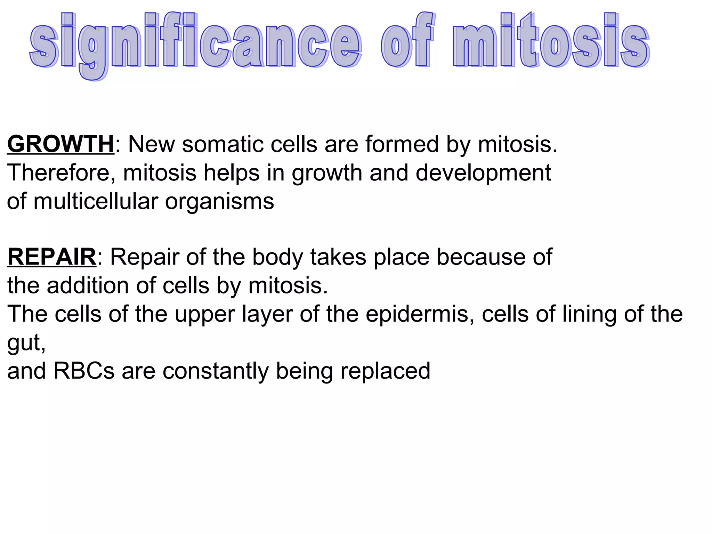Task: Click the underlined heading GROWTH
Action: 60,144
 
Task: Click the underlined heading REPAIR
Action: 52,257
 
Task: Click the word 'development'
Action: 483,173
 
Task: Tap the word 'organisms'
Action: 219,201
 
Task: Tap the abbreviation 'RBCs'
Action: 84,371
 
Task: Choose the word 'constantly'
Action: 216,371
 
